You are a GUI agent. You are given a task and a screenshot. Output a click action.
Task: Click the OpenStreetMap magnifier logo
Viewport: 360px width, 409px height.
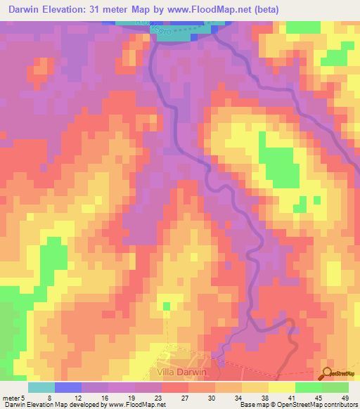[327, 375]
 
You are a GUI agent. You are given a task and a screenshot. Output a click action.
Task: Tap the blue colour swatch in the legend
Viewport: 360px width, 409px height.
[67, 387]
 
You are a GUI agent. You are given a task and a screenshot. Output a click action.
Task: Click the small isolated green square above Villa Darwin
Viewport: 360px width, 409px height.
[167, 306]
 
